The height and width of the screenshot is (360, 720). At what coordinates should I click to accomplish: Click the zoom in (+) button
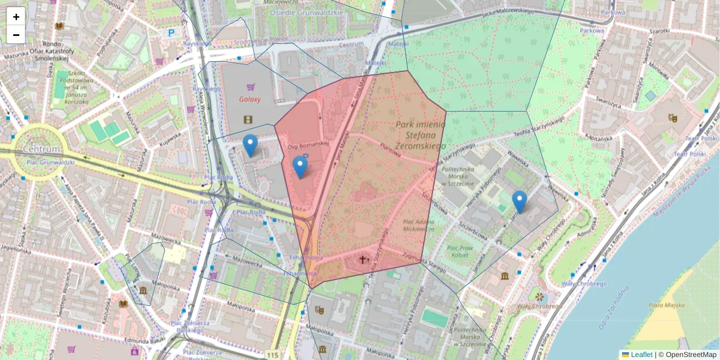coord(16,17)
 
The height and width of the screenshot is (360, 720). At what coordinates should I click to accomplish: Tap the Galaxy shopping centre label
coord(250,100)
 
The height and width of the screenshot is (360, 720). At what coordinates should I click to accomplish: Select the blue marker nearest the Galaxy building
coord(250,146)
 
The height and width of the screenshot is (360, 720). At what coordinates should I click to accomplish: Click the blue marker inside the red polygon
coord(300,167)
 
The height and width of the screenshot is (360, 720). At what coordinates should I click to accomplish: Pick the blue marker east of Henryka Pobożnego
coord(520,202)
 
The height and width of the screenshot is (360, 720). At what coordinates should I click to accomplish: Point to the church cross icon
coord(362,260)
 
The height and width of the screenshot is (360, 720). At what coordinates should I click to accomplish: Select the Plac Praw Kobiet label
coord(460,251)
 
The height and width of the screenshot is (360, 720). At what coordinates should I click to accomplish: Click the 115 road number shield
coord(274,355)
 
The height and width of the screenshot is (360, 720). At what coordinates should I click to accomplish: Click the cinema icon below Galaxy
coord(248,119)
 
